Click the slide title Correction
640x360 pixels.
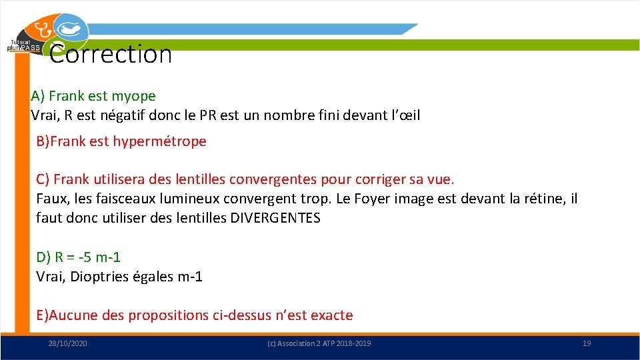click(111, 54)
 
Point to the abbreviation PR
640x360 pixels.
click(208, 115)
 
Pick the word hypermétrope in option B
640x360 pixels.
click(160, 141)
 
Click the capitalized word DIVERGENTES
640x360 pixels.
click(275, 218)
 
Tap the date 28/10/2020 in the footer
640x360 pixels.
click(67, 343)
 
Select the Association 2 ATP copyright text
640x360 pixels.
click(319, 343)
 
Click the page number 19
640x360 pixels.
click(587, 343)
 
